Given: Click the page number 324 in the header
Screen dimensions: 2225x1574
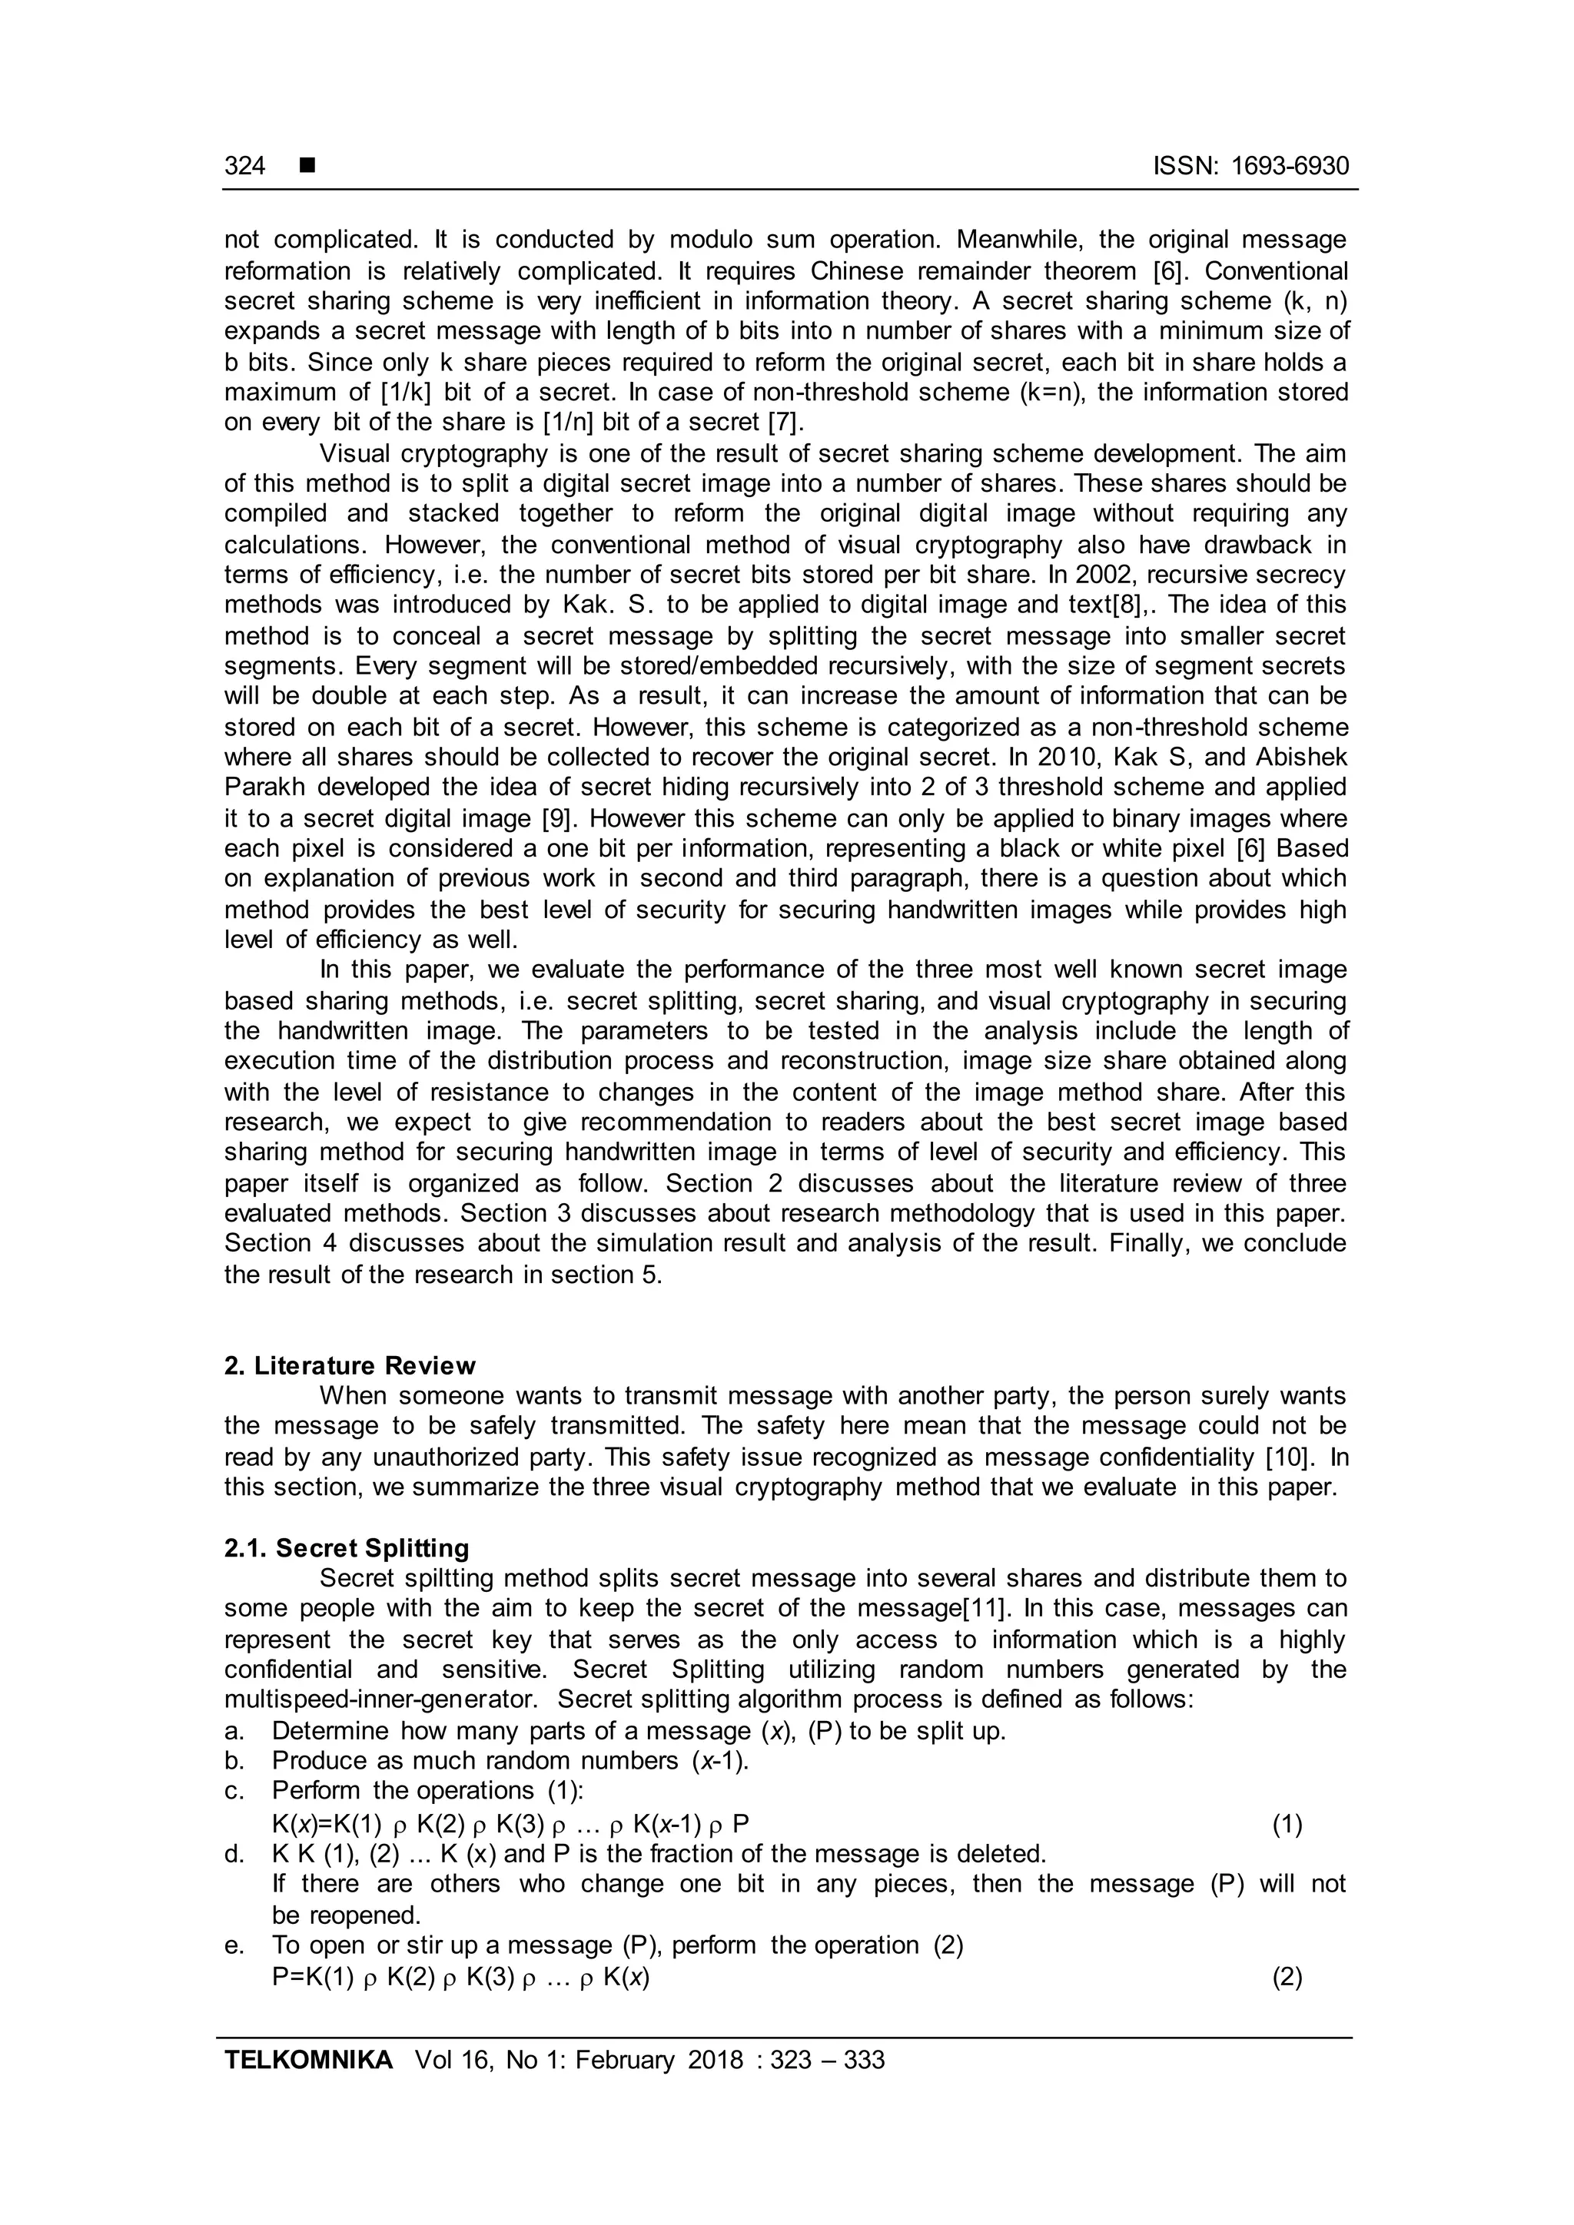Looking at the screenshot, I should (244, 167).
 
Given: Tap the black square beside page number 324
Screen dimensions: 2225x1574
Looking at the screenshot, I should (307, 166).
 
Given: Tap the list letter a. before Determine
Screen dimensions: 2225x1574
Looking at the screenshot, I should (234, 1731).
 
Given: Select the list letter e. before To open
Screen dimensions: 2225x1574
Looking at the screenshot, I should (234, 1945).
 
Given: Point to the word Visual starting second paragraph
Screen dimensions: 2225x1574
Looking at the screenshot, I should (355, 453).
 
